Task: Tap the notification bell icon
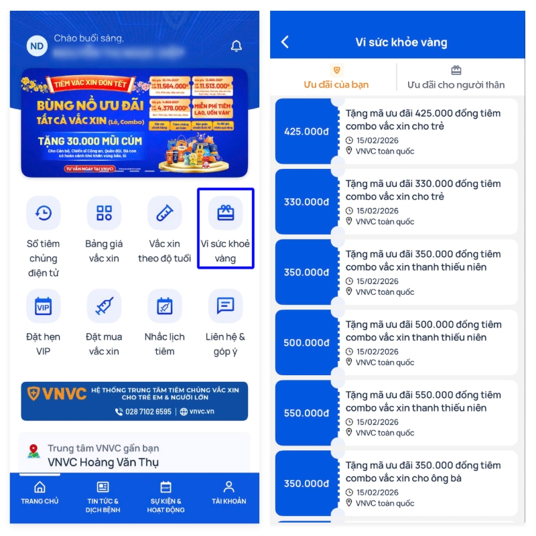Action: click(x=236, y=46)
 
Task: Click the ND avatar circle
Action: click(x=37, y=46)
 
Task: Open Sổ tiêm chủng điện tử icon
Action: click(x=43, y=213)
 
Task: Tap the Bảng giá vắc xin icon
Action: click(x=104, y=213)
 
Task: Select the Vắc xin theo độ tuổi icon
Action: click(x=164, y=213)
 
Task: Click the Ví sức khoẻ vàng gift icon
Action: click(x=225, y=213)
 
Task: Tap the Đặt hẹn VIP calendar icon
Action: click(x=43, y=306)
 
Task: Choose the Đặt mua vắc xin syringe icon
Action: click(x=104, y=306)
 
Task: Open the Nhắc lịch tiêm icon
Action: click(x=164, y=306)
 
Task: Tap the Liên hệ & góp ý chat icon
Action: click(x=225, y=306)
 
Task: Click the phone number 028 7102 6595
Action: click(x=147, y=411)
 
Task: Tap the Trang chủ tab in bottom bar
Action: click(x=40, y=492)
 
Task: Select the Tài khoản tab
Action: click(x=228, y=492)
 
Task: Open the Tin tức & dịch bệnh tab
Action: click(x=103, y=496)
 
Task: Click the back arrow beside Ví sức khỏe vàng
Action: click(x=285, y=42)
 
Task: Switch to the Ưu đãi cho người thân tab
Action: click(x=456, y=78)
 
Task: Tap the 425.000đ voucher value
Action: click(x=306, y=131)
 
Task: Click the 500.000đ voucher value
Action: click(x=306, y=342)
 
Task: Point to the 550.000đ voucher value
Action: click(x=306, y=413)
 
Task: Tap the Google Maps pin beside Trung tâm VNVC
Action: click(x=33, y=451)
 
